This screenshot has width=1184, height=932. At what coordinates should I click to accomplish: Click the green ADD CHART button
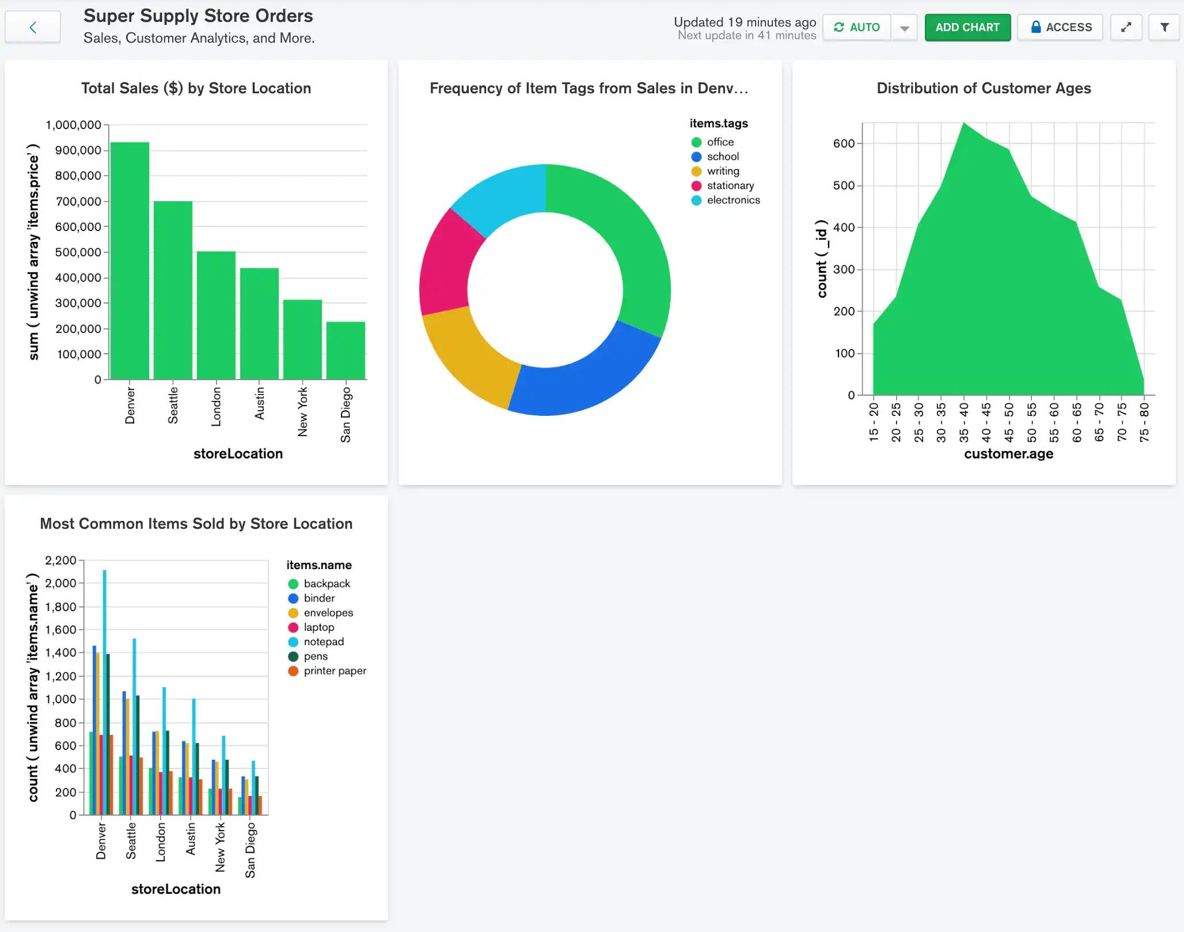tap(967, 27)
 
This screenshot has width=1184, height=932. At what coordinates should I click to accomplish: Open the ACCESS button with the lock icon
tap(1060, 27)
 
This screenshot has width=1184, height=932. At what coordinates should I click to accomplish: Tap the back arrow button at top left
tap(33, 27)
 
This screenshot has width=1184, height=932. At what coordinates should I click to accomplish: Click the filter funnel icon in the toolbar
tap(1164, 27)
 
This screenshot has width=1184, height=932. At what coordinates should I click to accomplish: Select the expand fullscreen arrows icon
tap(1126, 27)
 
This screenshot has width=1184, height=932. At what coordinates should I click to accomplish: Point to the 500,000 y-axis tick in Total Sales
tap(78, 252)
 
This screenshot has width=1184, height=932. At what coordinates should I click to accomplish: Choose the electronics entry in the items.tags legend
tap(733, 200)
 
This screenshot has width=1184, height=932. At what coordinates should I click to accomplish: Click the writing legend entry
tap(723, 171)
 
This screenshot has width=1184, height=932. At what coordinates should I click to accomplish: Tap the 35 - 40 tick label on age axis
tap(964, 422)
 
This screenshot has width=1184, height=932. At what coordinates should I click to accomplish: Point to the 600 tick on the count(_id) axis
tap(844, 143)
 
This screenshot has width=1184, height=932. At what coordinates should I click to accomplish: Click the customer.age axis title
tap(1008, 454)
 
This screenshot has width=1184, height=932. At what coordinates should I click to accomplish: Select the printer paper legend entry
tap(334, 670)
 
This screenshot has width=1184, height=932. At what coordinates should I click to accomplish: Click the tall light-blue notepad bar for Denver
tap(104, 691)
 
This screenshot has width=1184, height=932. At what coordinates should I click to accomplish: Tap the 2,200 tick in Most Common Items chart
tap(60, 560)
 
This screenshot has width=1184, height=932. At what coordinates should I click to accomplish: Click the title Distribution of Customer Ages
tap(984, 88)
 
